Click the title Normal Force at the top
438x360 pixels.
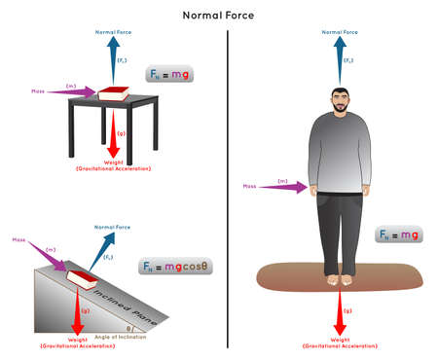click(x=219, y=16)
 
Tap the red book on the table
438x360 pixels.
click(x=115, y=93)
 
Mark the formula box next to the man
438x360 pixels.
click(x=398, y=234)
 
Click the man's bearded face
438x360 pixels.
click(x=336, y=102)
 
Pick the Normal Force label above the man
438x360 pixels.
click(x=336, y=32)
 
